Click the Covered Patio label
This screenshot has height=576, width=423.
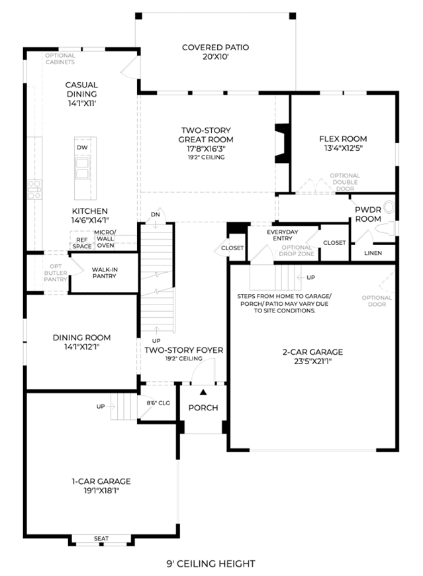coord(216,48)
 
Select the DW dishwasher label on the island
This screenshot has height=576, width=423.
coord(82,148)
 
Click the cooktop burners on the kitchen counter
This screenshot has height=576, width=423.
coord(34,189)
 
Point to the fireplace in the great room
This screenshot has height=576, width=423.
coord(282,143)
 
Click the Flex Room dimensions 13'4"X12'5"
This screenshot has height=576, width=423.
coord(343,148)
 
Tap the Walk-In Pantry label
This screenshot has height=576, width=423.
coord(105,273)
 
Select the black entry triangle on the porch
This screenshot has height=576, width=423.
coord(203,393)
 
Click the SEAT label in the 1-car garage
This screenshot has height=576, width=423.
coord(101,538)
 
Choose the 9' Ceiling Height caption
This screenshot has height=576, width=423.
coord(211,563)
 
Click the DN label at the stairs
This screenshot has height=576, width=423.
coord(156,215)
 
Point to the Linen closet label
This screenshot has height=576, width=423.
coord(373,253)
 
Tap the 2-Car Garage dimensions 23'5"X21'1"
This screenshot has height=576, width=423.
coord(313,361)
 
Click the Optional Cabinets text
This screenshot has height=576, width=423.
coord(60,59)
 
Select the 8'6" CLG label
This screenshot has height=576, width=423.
coord(158,403)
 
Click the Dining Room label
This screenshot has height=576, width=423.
coord(81,338)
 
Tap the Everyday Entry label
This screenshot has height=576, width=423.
coord(283,235)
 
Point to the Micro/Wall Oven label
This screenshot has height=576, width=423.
coord(105,239)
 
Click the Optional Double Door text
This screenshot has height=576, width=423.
coord(345,182)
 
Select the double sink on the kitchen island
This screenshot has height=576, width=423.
coord(82,169)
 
